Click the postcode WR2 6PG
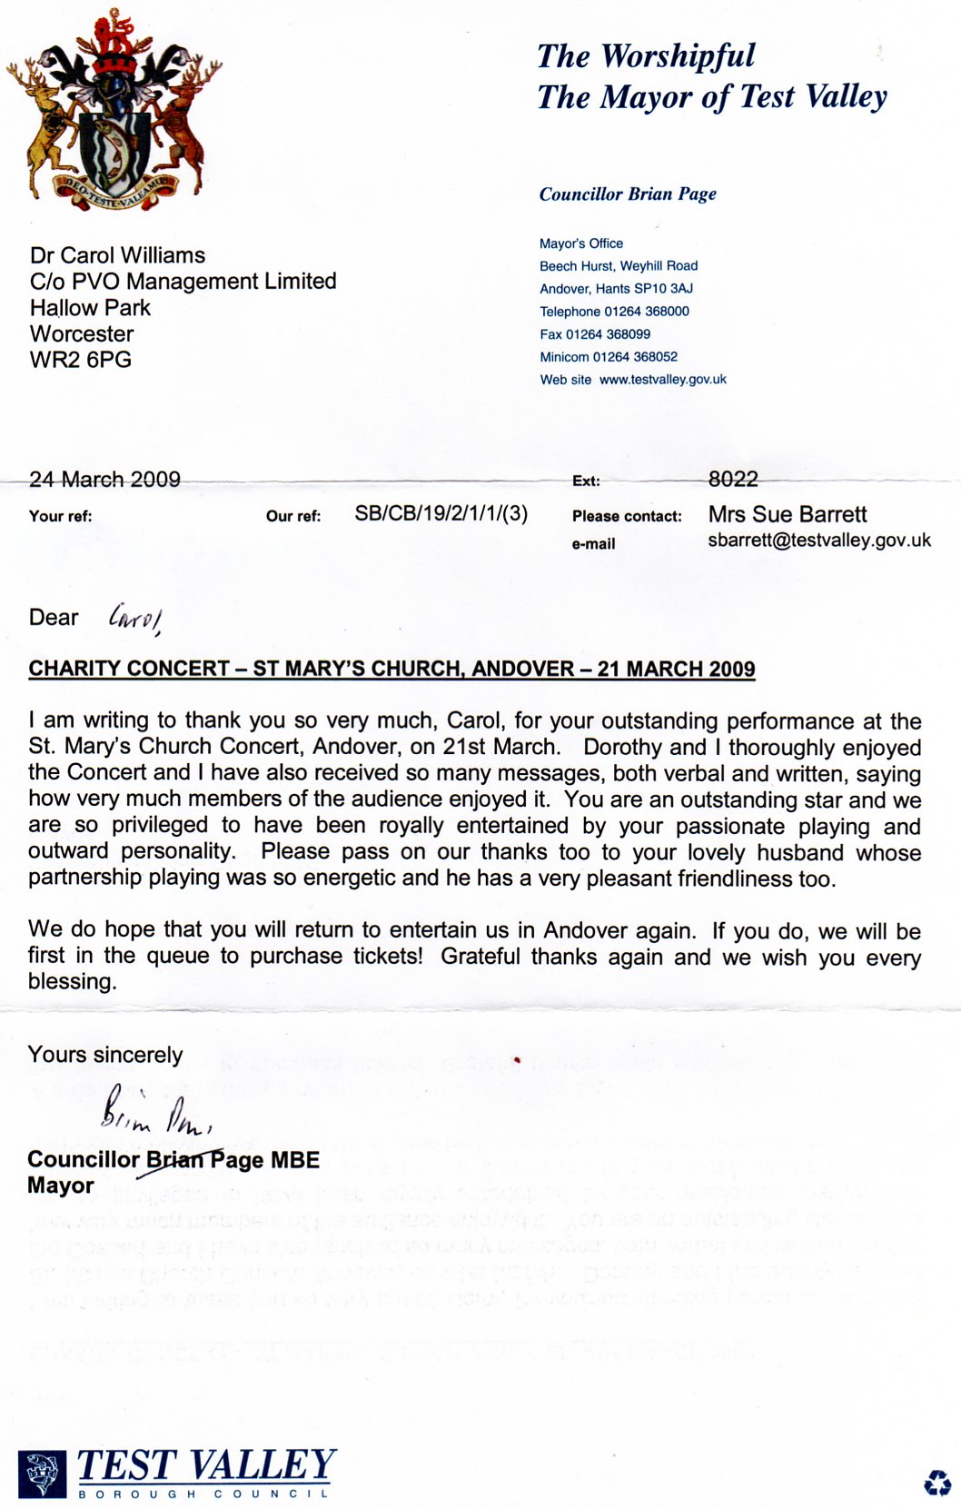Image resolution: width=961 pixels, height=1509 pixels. [x=81, y=360]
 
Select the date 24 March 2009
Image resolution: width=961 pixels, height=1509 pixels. [x=104, y=479]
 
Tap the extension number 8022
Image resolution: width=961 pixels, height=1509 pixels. [x=733, y=479]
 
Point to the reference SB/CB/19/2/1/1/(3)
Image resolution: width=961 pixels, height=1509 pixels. [x=441, y=513]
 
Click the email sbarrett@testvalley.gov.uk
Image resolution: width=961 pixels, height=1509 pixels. [x=819, y=540]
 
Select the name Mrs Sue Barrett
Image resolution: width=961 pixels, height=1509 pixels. [x=788, y=514]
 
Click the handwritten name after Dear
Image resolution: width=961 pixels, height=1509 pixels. [x=134, y=619]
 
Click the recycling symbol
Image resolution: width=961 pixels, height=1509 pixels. [x=936, y=1483]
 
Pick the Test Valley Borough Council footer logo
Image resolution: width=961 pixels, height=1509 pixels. [x=177, y=1472]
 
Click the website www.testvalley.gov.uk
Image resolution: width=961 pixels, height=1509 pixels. [x=662, y=380]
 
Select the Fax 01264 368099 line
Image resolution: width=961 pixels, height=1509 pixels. [x=595, y=334]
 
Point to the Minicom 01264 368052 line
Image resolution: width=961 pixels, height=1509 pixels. [x=609, y=357]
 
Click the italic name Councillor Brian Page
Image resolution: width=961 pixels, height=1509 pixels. [x=628, y=194]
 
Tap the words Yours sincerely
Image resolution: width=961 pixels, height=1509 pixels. [x=105, y=1055]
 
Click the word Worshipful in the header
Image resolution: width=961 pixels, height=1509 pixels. [x=678, y=56]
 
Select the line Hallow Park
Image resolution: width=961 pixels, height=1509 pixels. [x=90, y=308]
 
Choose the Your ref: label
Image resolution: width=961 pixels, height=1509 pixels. [x=60, y=516]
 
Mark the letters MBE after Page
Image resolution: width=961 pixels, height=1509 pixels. [x=295, y=1160]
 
